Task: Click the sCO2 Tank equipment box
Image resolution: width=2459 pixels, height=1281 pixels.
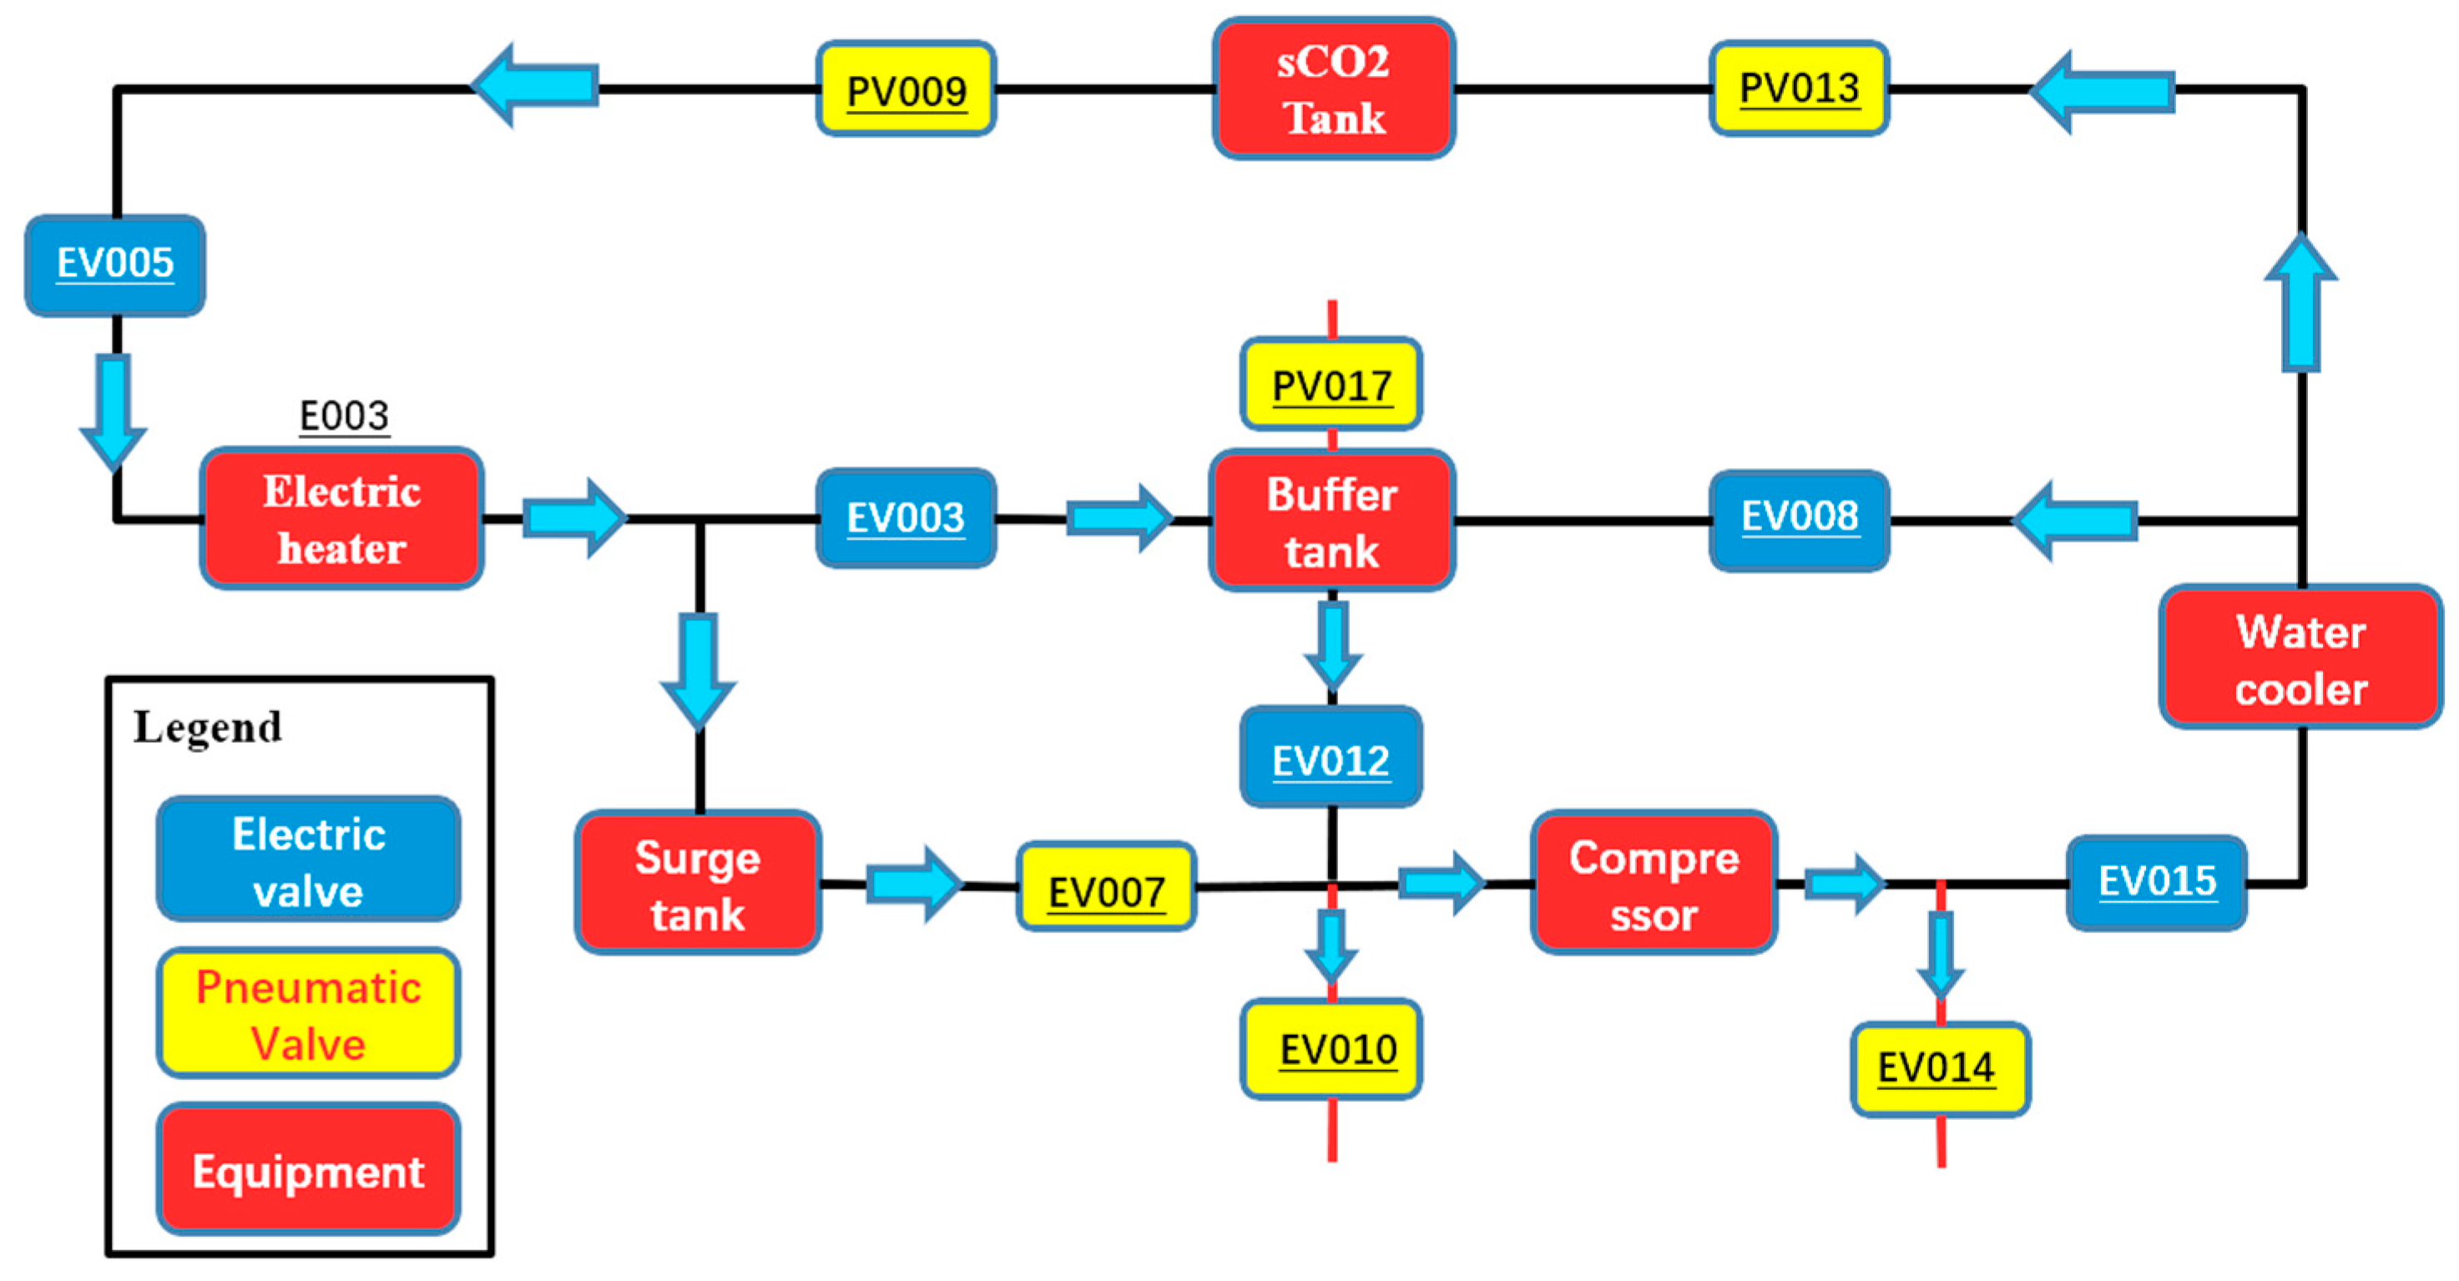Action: pos(1333,88)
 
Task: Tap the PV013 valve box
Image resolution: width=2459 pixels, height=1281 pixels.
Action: pos(1799,88)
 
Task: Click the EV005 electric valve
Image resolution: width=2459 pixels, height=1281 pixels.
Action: pos(114,265)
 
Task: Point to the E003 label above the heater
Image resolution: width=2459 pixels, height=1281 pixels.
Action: pos(344,416)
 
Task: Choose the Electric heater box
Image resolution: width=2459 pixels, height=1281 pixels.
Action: pos(341,518)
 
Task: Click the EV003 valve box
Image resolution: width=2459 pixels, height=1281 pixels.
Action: pos(906,518)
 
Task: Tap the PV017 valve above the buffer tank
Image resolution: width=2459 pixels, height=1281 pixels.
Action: pos(1330,385)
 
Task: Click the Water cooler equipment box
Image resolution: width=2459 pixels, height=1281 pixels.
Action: pos(2300,658)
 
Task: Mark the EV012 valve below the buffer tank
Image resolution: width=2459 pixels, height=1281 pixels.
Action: pos(1330,758)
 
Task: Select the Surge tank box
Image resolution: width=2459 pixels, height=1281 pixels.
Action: pos(698,883)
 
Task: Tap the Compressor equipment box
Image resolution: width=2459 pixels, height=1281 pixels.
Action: pos(1654,883)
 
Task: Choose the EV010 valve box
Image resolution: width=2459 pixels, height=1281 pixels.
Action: pos(1330,1048)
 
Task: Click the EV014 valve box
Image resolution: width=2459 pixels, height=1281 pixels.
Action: pos(1939,1068)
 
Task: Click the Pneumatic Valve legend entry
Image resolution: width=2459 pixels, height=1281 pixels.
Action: pos(308,1014)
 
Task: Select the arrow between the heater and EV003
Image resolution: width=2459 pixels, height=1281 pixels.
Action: pos(573,518)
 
